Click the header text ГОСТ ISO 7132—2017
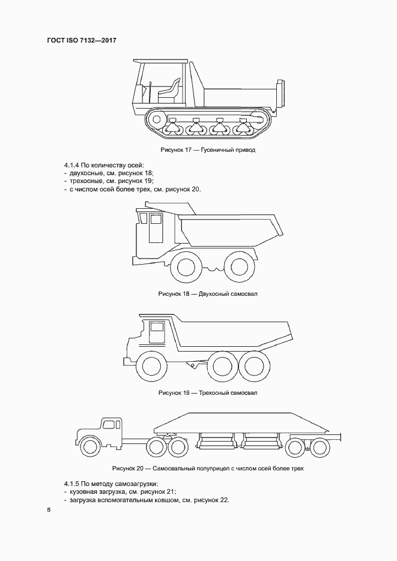tap(80, 40)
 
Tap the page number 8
tap(49, 511)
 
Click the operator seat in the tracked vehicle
tap(171, 90)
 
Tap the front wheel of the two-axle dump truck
tap(187, 267)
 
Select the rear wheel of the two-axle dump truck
tap(239, 267)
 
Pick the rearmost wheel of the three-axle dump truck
tap(254, 365)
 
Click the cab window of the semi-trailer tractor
tap(108, 425)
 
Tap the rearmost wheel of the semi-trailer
tap(319, 446)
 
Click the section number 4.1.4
tap(72, 164)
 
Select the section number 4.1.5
tap(72, 483)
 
